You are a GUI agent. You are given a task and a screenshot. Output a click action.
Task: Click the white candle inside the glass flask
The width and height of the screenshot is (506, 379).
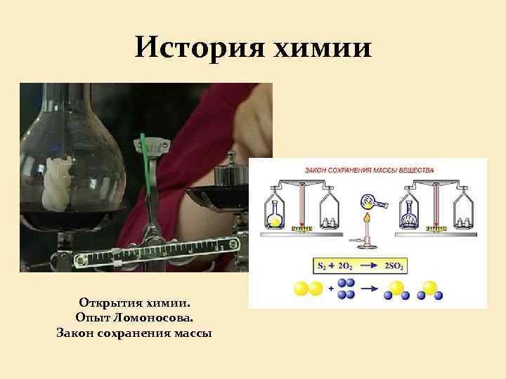(x=57, y=185)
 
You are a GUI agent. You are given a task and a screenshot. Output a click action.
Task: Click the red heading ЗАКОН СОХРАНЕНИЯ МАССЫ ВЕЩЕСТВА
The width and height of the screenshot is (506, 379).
(x=368, y=170)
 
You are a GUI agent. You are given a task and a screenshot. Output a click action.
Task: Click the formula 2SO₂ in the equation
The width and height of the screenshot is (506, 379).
(x=397, y=266)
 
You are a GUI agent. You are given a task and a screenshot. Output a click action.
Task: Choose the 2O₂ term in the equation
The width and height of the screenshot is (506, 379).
(x=346, y=266)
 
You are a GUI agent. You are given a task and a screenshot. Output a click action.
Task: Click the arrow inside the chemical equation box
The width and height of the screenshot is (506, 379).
(x=371, y=266)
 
